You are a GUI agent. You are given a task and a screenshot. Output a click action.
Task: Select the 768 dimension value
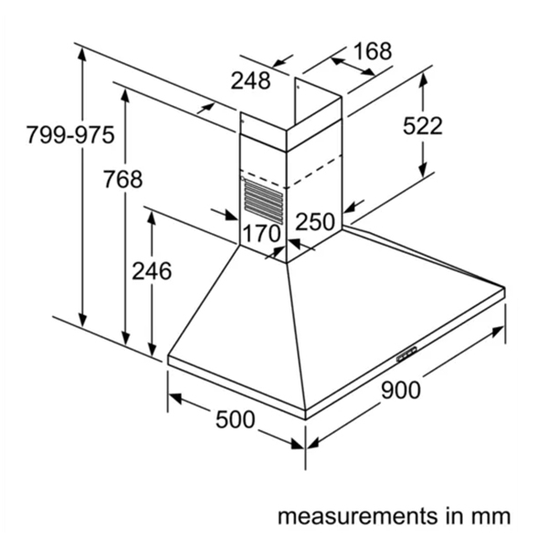pyautogui.click(x=122, y=180)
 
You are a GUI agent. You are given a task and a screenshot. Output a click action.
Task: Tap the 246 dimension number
pyautogui.click(x=152, y=271)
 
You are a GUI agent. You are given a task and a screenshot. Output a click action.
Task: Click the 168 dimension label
pyautogui.click(x=371, y=51)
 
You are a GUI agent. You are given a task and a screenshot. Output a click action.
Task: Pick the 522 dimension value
pyautogui.click(x=423, y=126)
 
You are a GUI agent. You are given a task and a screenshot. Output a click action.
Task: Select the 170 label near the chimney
pyautogui.click(x=260, y=233)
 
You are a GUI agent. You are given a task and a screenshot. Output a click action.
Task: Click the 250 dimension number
pyautogui.click(x=315, y=221)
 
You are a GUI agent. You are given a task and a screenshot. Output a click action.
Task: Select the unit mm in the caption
pyautogui.click(x=490, y=517)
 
